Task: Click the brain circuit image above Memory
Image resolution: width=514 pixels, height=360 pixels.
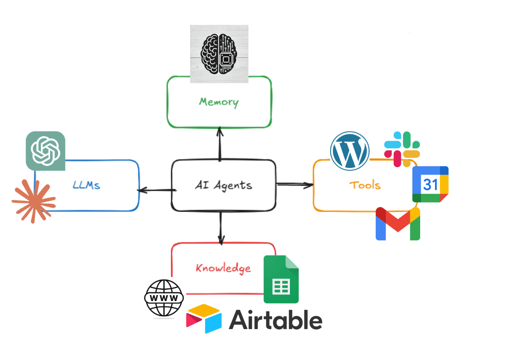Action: (x=219, y=54)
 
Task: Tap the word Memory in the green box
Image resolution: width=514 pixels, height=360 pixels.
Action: (x=219, y=102)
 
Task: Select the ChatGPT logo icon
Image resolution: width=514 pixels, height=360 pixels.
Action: (x=45, y=151)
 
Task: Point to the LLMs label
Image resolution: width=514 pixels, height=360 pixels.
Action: (x=86, y=185)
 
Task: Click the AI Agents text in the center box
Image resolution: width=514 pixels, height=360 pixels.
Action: (x=223, y=185)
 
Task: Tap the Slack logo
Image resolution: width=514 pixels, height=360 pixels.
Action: (x=402, y=149)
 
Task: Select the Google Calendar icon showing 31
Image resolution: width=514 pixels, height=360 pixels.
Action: (x=430, y=184)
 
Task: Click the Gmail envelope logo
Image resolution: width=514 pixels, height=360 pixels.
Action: (x=398, y=224)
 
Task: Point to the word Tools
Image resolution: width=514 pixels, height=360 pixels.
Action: (x=364, y=185)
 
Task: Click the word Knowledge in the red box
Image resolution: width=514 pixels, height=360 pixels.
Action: (x=223, y=268)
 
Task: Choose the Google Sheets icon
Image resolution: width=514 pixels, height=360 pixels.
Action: (x=281, y=279)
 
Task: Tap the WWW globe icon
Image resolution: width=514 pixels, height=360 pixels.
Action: (x=164, y=298)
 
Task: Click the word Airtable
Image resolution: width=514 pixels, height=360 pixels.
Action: (x=275, y=320)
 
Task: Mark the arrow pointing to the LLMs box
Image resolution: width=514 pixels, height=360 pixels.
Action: (x=156, y=190)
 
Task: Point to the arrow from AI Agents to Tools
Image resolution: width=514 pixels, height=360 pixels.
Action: (x=295, y=184)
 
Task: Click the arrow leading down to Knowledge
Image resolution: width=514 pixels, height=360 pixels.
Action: (x=220, y=227)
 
